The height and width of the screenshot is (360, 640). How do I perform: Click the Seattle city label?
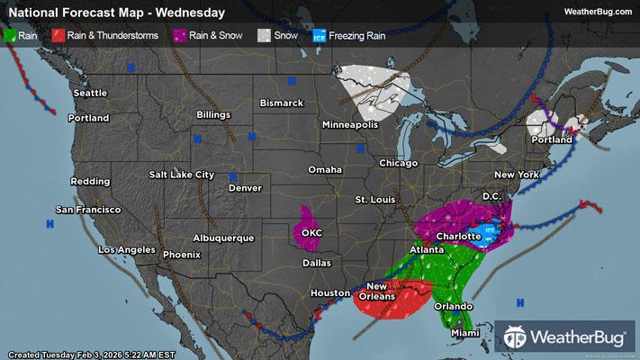coord(90,93)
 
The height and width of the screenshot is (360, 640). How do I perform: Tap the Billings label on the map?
coord(212,116)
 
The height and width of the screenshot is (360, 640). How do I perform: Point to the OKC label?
coord(311,232)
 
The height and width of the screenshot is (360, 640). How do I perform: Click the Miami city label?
coord(464,334)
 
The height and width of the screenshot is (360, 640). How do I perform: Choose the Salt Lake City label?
coord(182,174)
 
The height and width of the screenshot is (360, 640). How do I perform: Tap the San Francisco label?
coord(88,209)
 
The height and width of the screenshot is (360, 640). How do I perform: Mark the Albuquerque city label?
coord(224,238)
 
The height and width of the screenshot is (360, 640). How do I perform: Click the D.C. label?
coord(491,195)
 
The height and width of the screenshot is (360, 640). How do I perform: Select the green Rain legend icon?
coord(11,35)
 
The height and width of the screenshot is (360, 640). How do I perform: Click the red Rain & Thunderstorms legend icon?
coord(57,35)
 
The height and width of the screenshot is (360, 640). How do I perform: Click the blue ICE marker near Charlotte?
coord(489,229)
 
